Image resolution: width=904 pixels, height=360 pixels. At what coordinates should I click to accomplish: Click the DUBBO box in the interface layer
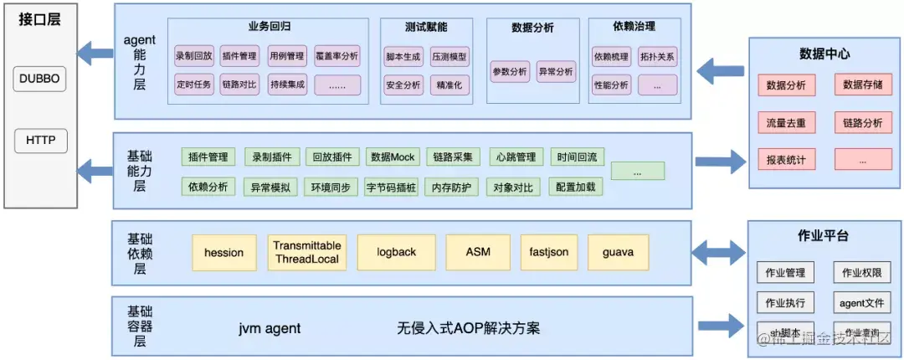point(40,80)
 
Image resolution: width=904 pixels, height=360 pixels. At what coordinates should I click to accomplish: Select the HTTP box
point(40,141)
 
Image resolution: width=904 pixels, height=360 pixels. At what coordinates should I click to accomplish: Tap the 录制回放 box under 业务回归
point(193,57)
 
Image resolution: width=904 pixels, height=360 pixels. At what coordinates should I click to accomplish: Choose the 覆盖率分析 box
point(337,57)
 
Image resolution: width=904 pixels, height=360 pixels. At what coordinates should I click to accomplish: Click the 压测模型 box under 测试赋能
point(450,57)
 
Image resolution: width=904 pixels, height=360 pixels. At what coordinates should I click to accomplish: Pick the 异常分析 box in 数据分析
point(556,72)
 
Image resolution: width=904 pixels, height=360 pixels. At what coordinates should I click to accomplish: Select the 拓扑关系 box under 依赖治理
point(657,57)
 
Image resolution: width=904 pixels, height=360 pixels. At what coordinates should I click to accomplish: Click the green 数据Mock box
point(393,157)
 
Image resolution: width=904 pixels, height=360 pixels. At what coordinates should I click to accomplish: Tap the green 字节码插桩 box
point(391,187)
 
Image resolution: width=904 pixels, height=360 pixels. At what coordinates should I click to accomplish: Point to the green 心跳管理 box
point(515,157)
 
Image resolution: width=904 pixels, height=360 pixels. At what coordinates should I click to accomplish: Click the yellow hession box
point(223,252)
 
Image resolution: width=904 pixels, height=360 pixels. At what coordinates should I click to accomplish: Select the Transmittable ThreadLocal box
point(307,252)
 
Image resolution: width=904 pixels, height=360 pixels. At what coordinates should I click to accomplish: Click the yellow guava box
point(618,252)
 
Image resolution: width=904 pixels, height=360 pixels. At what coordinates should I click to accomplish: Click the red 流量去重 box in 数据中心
point(786,122)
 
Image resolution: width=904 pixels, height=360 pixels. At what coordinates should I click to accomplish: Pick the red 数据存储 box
point(863,85)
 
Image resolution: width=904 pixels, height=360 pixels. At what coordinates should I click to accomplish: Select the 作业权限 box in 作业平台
point(861,273)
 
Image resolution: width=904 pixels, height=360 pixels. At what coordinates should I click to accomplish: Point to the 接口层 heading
point(39,20)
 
